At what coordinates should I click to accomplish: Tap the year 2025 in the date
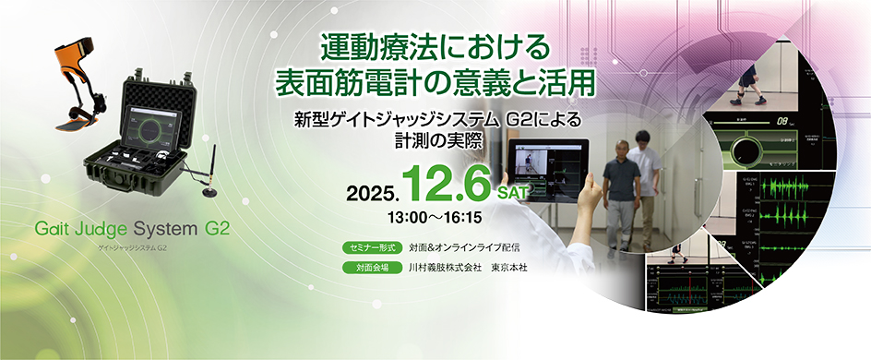[371, 193]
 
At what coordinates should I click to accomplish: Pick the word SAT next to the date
[516, 193]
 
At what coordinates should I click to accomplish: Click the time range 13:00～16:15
[434, 220]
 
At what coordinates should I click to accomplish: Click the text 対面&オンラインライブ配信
[465, 248]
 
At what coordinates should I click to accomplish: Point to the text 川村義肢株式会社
[446, 268]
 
